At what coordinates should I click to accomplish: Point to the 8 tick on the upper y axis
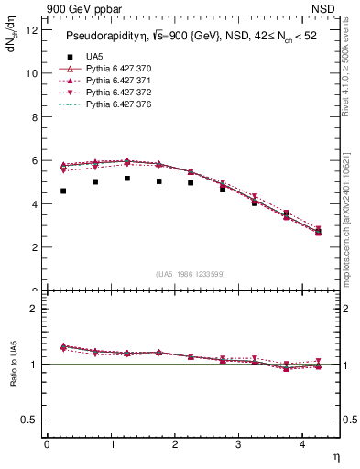tap(34, 116)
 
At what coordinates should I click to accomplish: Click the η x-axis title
tap(335, 455)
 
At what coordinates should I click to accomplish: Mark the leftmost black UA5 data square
tap(63, 191)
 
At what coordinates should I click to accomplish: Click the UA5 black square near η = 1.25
tap(127, 179)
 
